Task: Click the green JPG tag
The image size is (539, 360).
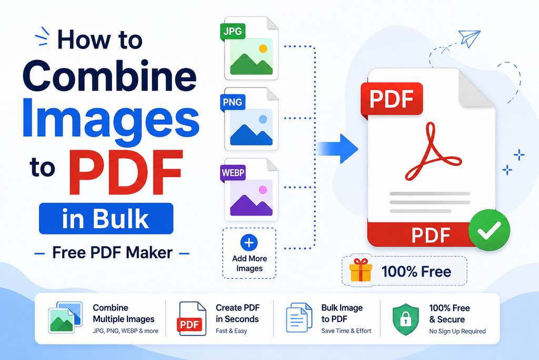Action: [x=233, y=32]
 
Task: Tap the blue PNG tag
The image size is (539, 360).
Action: [x=233, y=103]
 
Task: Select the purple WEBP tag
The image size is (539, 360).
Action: [x=233, y=173]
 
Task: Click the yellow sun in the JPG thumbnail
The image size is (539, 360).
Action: [x=263, y=48]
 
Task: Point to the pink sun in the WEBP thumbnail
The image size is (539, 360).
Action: [x=263, y=190]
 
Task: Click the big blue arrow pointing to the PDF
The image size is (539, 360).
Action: [x=337, y=149]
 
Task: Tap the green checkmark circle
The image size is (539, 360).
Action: [x=489, y=230]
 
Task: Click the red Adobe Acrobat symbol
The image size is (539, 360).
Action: [x=433, y=151]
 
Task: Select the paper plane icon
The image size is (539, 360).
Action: [x=470, y=38]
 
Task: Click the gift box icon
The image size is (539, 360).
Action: [x=361, y=270]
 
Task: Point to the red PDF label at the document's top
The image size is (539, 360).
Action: [x=392, y=99]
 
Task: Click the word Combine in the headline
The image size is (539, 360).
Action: [x=109, y=75]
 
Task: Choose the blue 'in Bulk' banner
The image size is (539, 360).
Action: [x=106, y=219]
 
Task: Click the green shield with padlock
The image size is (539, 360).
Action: [x=406, y=319]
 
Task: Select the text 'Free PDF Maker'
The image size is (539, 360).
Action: [x=113, y=253]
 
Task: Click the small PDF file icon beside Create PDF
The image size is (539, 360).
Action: [x=192, y=319]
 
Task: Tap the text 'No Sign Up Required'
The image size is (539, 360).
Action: [x=457, y=332]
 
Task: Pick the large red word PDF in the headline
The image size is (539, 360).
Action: [x=126, y=172]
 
